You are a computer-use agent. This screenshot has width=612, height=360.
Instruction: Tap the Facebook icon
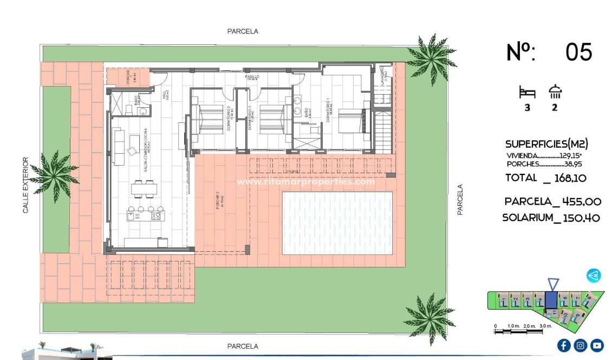pos(563,345)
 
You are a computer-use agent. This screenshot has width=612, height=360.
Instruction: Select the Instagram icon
pos(580,345)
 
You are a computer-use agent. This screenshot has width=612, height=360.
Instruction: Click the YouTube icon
pos(596,345)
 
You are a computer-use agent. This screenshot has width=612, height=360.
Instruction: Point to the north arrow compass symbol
pos(594,276)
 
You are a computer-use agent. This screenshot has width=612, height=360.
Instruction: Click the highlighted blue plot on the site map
pos(550,299)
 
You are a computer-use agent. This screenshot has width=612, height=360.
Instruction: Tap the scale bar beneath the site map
pos(523,326)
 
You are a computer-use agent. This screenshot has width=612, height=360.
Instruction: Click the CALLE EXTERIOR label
pos(25,185)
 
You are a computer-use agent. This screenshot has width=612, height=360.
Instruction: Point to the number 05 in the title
pos(578,53)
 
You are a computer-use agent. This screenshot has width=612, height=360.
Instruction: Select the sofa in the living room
pos(117,146)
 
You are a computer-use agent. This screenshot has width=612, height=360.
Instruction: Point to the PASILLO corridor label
pos(252,77)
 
